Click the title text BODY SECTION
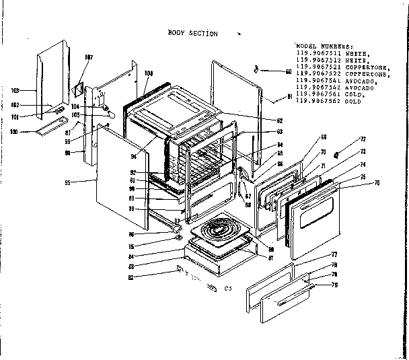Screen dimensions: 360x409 pos(192,32)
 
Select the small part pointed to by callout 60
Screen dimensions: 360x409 pos(257,69)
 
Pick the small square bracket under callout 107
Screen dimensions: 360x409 pos(78,88)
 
